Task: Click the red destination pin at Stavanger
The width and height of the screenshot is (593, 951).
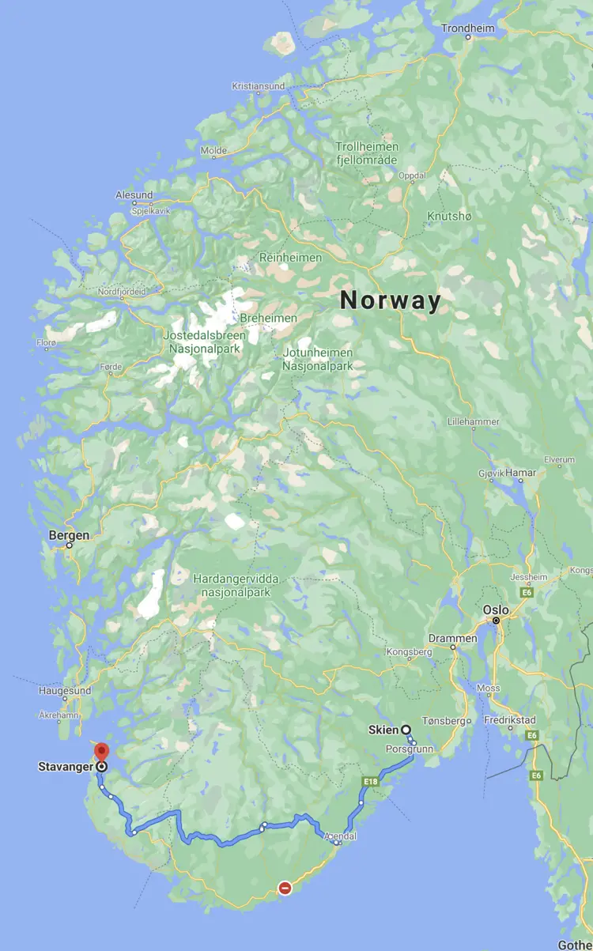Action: [100, 752]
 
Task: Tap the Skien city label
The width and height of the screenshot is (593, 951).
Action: [383, 730]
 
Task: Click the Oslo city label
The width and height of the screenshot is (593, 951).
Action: [497, 609]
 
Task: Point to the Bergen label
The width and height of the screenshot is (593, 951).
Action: [69, 535]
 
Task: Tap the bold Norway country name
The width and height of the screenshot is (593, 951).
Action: [390, 300]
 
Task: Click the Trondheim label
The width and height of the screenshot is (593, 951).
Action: [467, 28]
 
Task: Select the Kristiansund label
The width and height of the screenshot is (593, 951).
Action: [257, 86]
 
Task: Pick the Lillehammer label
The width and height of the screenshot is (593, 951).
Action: [473, 422]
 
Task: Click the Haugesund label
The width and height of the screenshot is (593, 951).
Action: [65, 690]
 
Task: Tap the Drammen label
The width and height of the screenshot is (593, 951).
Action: [453, 638]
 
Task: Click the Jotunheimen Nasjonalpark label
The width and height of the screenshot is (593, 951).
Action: [318, 359]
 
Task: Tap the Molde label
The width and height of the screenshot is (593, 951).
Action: [213, 150]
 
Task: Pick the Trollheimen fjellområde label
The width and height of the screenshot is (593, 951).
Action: [367, 153]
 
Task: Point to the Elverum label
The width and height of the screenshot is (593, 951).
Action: [559, 460]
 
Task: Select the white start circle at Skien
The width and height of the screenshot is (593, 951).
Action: [406, 730]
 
